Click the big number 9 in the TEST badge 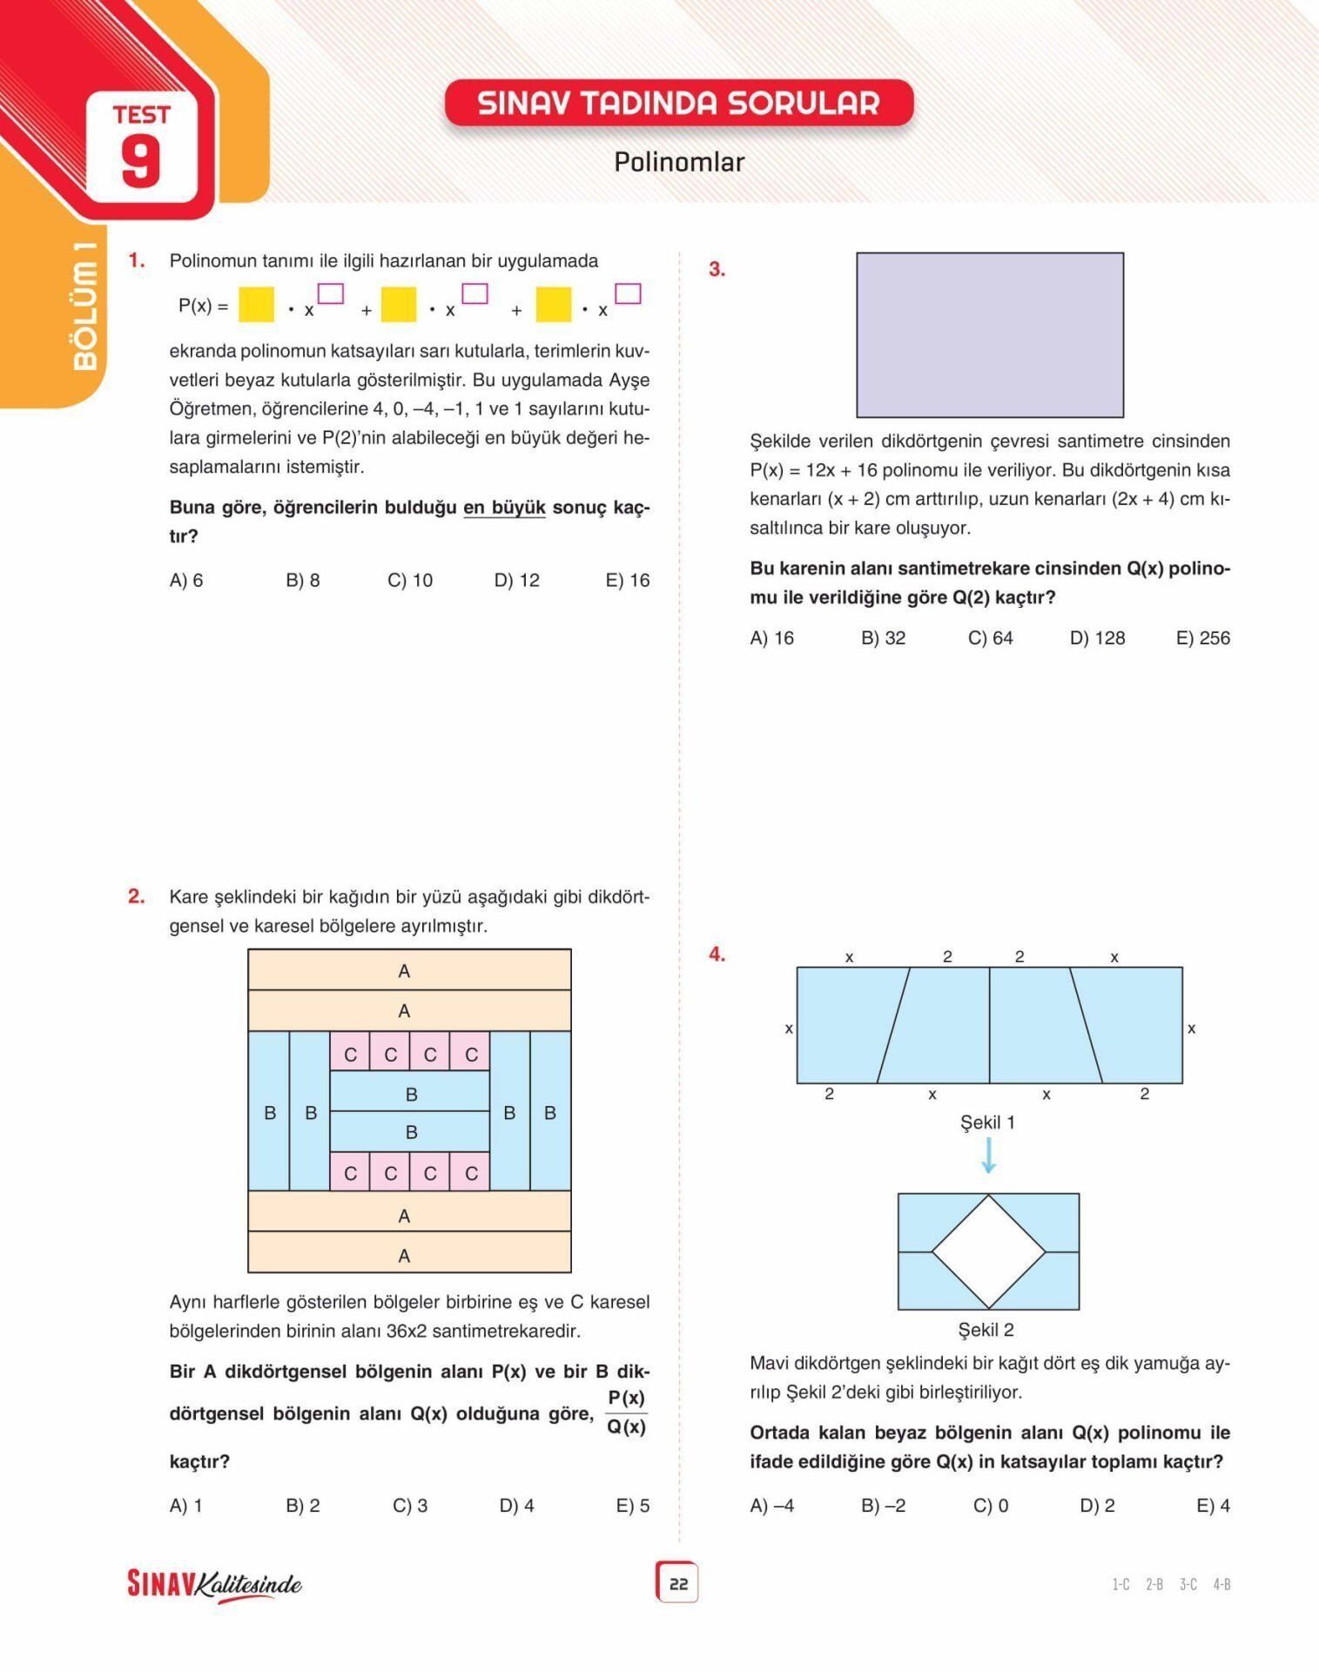(x=141, y=162)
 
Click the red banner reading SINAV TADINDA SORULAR (x=678, y=104)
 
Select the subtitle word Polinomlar (x=678, y=162)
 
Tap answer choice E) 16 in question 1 (x=627, y=581)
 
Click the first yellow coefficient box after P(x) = (x=256, y=305)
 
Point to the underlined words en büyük (x=504, y=508)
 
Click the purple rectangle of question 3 (x=989, y=335)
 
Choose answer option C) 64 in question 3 (x=990, y=638)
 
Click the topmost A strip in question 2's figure (x=409, y=970)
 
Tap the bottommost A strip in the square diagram (x=409, y=1255)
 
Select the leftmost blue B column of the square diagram (x=269, y=1112)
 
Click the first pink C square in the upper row (x=350, y=1054)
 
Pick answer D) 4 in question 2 (x=516, y=1506)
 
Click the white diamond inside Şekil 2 (x=988, y=1251)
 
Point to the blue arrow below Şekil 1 (x=988, y=1156)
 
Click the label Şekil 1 (x=987, y=1123)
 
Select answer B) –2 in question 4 (x=883, y=1506)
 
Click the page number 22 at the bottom (x=677, y=1584)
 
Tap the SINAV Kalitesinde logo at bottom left (x=214, y=1584)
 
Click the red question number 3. (x=717, y=270)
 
